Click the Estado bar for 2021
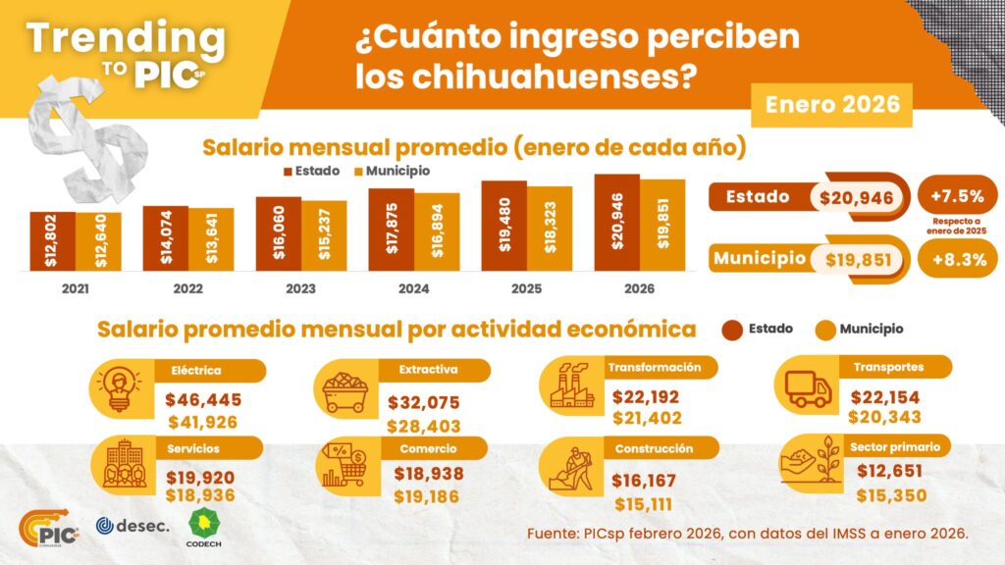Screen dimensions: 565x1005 [x=52, y=241]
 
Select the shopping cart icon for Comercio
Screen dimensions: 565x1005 [x=344, y=466]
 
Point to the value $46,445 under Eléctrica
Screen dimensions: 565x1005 [x=203, y=400]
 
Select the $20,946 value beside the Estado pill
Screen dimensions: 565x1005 [x=859, y=198]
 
